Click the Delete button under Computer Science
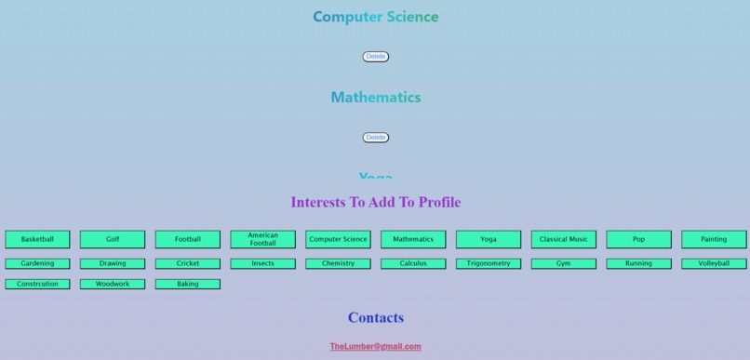[375, 57]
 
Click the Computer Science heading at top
[375, 17]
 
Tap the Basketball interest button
[38, 239]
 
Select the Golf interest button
[113, 239]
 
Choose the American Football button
[262, 239]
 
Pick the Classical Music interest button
[564, 239]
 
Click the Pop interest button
[638, 239]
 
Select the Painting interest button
[714, 239]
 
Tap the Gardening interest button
[38, 263]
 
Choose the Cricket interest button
[188, 263]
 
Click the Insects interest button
[262, 263]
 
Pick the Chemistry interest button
[338, 263]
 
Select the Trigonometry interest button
[489, 263]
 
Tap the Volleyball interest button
[714, 263]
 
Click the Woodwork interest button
[113, 284]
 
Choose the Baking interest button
[188, 284]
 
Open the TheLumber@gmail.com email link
[375, 347]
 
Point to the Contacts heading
[375, 318]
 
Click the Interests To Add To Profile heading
[375, 202]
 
